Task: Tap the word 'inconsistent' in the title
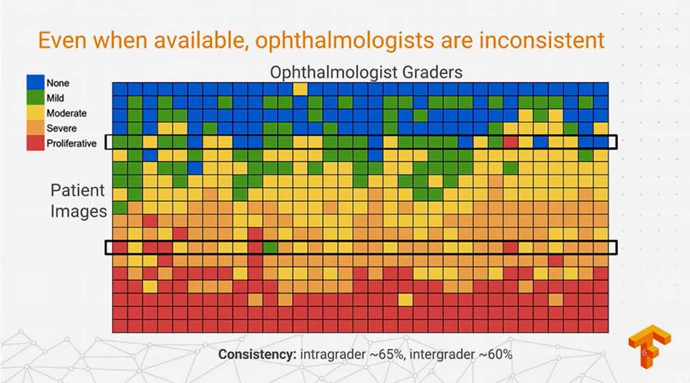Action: [x=542, y=40]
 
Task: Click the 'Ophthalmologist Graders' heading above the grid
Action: [x=366, y=72]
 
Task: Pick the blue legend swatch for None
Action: [x=35, y=82]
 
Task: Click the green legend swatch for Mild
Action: [x=35, y=97]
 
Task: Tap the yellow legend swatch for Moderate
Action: [x=35, y=112]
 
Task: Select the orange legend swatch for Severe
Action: [x=35, y=127]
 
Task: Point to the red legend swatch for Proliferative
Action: [x=35, y=142]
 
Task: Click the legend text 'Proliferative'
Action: [x=72, y=144]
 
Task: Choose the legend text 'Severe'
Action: [x=61, y=128]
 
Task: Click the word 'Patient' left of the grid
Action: [x=78, y=190]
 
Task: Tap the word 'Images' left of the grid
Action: [x=78, y=211]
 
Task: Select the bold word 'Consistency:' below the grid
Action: [x=257, y=354]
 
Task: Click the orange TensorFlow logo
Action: [x=649, y=346]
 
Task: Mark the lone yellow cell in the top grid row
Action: [x=300, y=89]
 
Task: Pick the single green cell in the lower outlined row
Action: [x=270, y=247]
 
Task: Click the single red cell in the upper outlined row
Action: [x=510, y=142]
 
